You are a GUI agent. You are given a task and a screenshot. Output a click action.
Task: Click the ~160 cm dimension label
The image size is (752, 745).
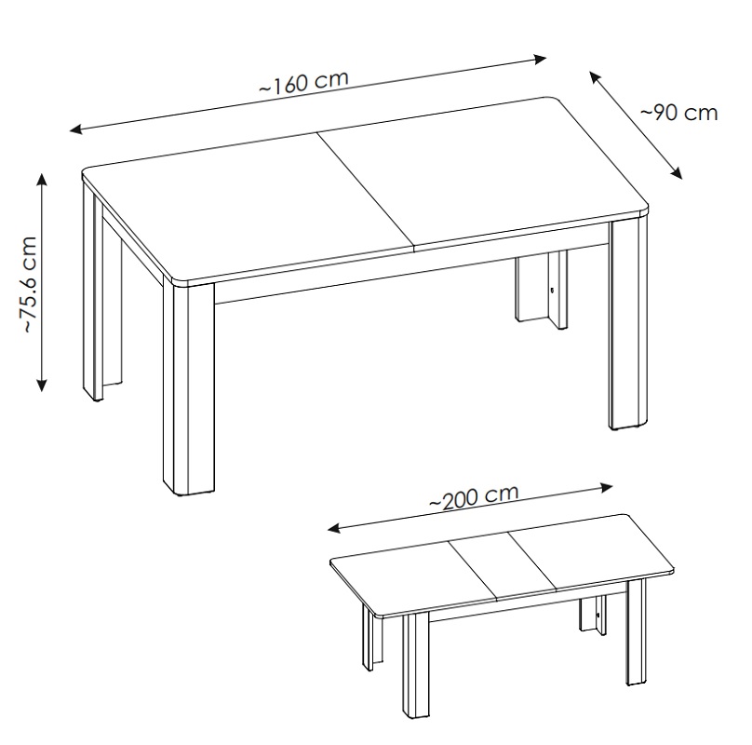click(x=303, y=82)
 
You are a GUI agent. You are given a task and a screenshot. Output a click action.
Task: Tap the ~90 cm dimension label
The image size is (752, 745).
click(x=679, y=113)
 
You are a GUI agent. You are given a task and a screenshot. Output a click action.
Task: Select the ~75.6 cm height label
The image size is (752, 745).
click(x=29, y=285)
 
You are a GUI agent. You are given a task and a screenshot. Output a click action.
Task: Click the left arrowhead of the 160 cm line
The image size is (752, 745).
click(x=75, y=129)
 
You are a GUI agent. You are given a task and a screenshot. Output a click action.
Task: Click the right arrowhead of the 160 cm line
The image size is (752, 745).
click(x=541, y=60)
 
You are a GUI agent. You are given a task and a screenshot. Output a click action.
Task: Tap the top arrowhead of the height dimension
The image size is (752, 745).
click(x=42, y=179)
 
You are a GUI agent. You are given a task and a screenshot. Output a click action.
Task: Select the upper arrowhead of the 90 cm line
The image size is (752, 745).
click(x=595, y=76)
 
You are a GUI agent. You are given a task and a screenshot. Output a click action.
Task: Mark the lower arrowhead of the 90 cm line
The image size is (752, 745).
click(x=677, y=173)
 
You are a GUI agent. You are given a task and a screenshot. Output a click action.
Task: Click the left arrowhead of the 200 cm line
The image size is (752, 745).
click(x=334, y=529)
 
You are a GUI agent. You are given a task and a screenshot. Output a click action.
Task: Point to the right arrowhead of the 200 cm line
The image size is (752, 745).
click(x=607, y=488)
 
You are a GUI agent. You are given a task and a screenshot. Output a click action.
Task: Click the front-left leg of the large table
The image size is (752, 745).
click(x=188, y=389)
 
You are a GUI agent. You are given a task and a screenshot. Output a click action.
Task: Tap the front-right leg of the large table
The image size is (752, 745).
click(x=628, y=324)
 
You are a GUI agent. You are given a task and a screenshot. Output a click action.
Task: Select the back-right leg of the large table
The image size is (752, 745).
click(x=542, y=288)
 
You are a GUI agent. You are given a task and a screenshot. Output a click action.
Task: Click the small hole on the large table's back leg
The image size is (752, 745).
click(x=552, y=290)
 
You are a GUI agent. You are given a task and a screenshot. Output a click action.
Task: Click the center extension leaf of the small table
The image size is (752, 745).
click(x=503, y=566)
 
